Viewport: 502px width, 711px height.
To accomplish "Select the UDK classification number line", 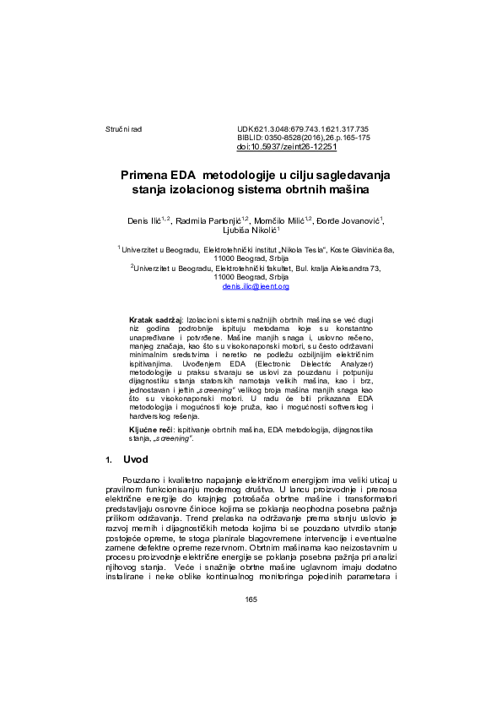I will [303, 128].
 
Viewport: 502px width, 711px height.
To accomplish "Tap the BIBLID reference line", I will [303, 137].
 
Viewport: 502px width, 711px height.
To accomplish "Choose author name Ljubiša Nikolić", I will [250, 230].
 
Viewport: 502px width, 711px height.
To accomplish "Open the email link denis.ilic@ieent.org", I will [256, 287].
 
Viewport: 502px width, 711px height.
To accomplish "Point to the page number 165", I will [251, 600].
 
